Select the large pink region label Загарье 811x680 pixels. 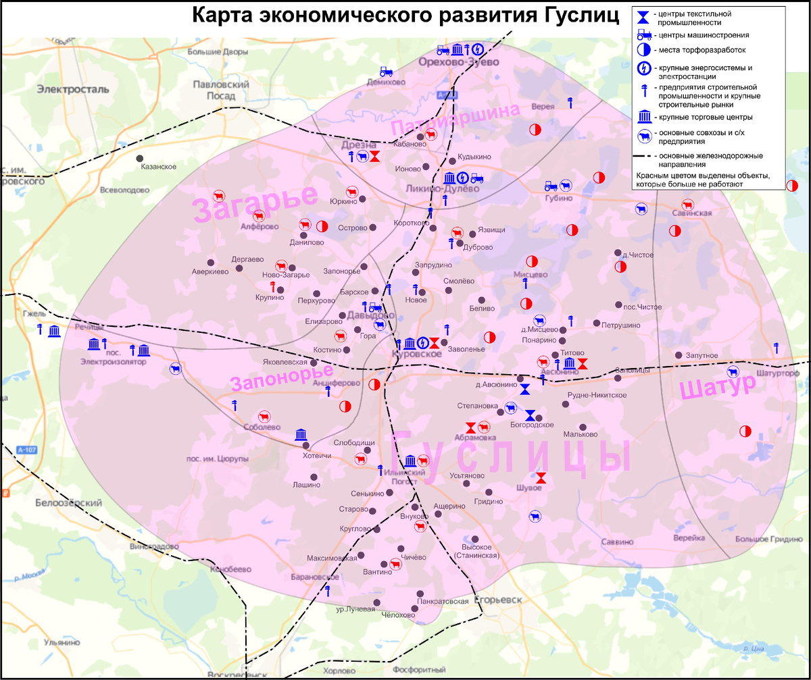pos(255,201)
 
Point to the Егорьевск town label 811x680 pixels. pos(499,600)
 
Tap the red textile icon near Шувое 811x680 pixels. pos(541,477)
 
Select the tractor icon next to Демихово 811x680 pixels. pos(386,71)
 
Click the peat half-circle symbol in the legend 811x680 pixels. pos(643,50)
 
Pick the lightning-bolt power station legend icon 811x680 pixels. pos(643,68)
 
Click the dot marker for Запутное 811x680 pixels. pos(678,355)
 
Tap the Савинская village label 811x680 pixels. pos(692,213)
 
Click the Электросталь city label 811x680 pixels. pos(73,89)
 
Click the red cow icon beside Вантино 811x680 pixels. pos(395,563)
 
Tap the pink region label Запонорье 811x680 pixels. pos(282,377)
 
